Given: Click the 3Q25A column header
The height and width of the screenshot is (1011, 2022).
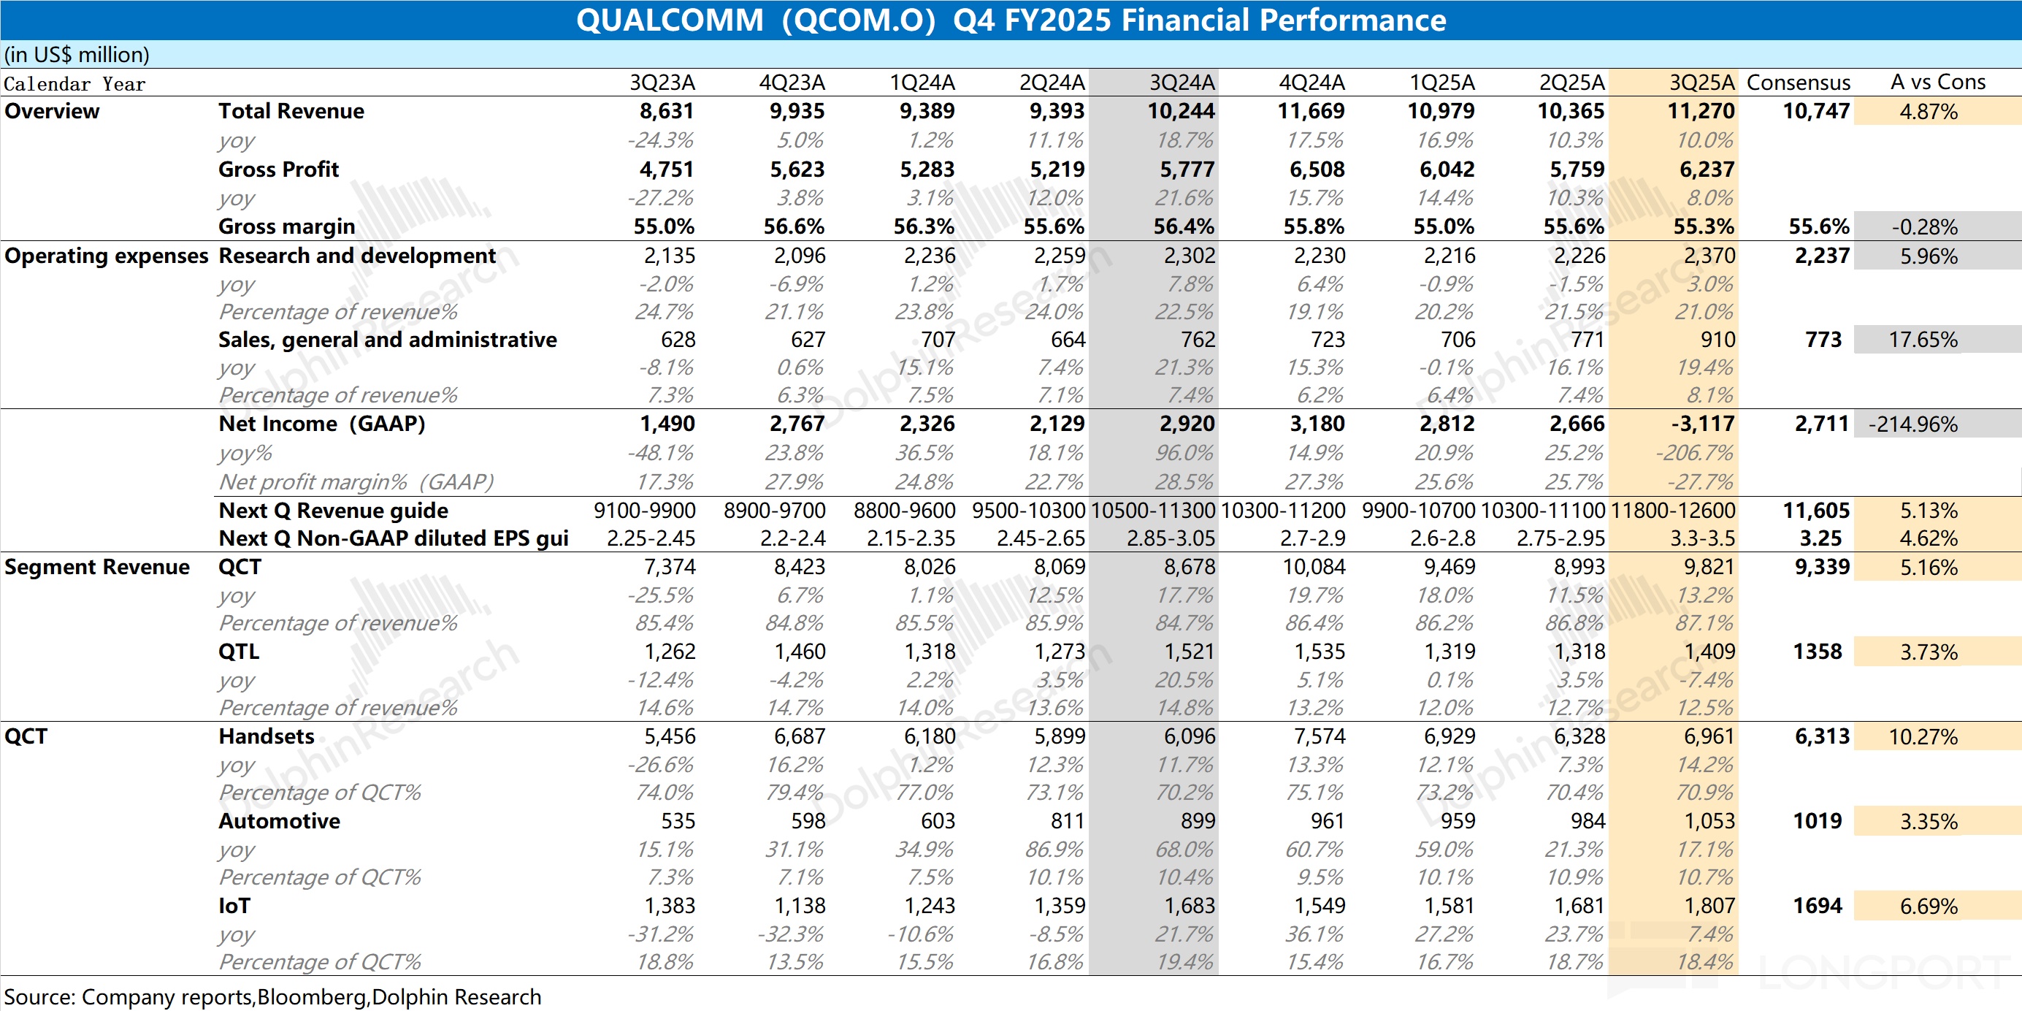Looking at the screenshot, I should pyautogui.click(x=1701, y=83).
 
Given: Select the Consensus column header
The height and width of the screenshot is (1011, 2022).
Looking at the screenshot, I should pyautogui.click(x=1798, y=83).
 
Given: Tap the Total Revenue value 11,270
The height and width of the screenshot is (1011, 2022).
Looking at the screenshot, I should pyautogui.click(x=1701, y=112).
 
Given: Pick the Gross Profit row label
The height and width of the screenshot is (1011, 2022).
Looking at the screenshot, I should pyautogui.click(x=279, y=169).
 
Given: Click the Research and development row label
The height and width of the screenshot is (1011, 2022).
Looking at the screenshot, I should pyautogui.click(x=357, y=256).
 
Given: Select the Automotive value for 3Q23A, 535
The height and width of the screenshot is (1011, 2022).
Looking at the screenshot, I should pyautogui.click(x=678, y=821).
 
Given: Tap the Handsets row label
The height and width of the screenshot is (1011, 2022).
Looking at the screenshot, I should pyautogui.click(x=266, y=736).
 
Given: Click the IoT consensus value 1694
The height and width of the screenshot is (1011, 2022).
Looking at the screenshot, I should pyautogui.click(x=1817, y=906).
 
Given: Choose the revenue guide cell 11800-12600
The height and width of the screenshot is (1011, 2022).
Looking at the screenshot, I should pyautogui.click(x=1673, y=511).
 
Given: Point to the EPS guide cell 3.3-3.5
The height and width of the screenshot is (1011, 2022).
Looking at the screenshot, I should pyautogui.click(x=1704, y=538).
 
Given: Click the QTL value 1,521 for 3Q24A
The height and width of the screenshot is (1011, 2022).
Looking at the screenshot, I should pyautogui.click(x=1190, y=652).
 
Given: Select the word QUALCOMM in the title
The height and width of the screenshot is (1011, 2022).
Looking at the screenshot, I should pyautogui.click(x=670, y=20).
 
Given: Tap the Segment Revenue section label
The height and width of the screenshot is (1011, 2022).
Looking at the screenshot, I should pyautogui.click(x=97, y=568).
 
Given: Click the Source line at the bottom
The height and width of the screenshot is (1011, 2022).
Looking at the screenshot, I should pyautogui.click(x=272, y=997).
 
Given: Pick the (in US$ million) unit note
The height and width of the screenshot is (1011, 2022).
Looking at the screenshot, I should pyautogui.click(x=77, y=55).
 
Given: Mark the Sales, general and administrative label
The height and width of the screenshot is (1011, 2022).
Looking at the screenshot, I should pyautogui.click(x=388, y=340).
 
